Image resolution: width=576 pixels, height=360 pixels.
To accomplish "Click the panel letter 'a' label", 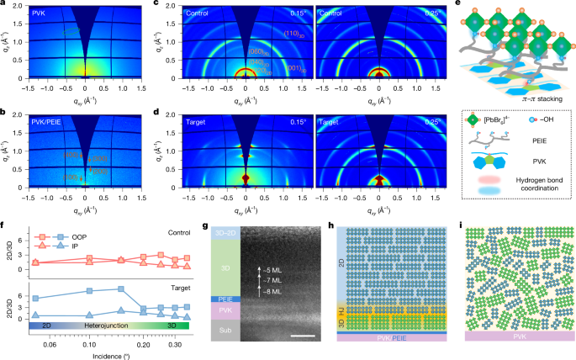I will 4,5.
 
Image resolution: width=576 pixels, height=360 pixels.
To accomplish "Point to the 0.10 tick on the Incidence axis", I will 88,344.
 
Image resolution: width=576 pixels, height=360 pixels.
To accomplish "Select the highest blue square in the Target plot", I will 122,289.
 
